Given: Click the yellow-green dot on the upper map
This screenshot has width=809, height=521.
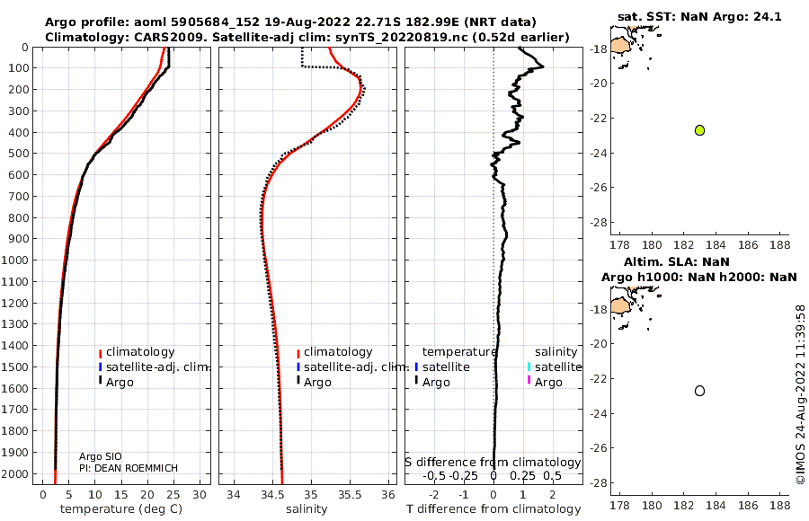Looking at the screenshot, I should [x=700, y=130].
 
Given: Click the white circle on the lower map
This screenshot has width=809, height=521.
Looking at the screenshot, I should [x=700, y=391].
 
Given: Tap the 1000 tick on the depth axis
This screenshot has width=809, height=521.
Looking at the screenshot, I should [x=16, y=260].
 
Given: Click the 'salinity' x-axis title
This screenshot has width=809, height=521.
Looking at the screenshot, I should [x=306, y=509].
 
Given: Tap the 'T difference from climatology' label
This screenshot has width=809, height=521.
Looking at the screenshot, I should [x=493, y=509].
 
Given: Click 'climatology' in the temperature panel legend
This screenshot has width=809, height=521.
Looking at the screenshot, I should [x=140, y=352].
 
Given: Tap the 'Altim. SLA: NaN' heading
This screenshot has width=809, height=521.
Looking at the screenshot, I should [x=698, y=261].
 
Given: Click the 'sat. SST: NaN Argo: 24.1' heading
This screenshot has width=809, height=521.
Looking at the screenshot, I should [x=699, y=17].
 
